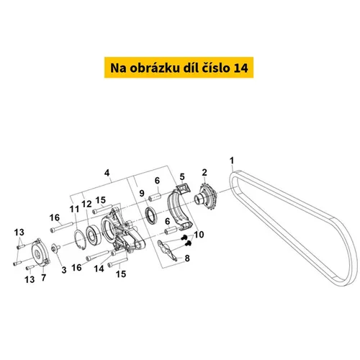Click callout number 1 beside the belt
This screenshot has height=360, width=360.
coord(232,161)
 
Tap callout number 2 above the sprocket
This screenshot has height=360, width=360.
coord(204,172)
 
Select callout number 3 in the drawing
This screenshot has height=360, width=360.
coord(64,270)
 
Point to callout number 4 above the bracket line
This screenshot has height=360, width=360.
coord(107,173)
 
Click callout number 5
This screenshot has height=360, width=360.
coord(182,177)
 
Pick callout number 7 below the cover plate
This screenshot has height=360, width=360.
coord(43,277)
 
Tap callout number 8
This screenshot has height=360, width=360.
coord(187,258)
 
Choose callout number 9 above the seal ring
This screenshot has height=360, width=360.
coord(142,193)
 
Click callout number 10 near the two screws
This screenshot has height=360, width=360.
coord(199,235)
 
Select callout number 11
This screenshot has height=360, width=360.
coord(74,209)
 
